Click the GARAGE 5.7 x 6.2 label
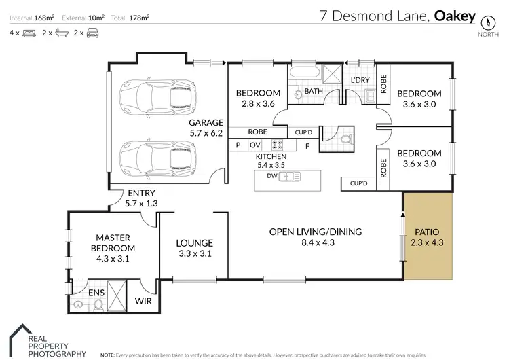(x=206, y=128)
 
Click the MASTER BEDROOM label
(x=113, y=248)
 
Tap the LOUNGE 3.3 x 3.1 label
(x=195, y=248)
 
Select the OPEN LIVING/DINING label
(x=315, y=236)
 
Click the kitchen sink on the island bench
(x=290, y=177)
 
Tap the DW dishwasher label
(x=272, y=177)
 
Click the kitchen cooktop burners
(x=278, y=144)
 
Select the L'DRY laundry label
(x=359, y=81)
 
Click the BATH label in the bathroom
(x=313, y=90)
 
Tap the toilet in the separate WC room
(x=347, y=139)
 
